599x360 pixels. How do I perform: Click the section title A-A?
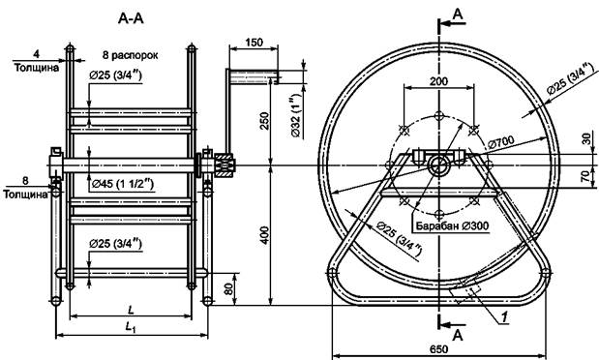[x=131, y=18]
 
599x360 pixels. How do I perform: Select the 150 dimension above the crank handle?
[x=255, y=42]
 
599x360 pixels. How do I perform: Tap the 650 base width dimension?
[x=439, y=349]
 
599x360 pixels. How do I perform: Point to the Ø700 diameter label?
[x=501, y=143]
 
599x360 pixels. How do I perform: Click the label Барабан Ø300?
[x=452, y=225]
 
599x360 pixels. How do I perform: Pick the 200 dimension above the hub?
[x=439, y=81]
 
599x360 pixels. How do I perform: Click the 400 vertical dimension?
[x=265, y=235]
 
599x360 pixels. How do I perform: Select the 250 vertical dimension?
[x=265, y=121]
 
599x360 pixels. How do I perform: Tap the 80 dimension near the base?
[x=228, y=288]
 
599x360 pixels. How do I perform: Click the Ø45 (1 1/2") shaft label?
[x=123, y=185]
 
